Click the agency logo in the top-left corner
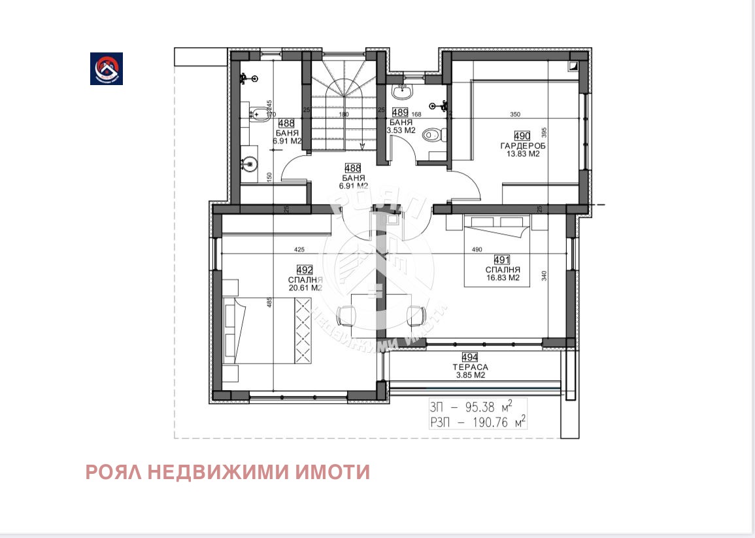point(107,69)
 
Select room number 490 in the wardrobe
point(530,135)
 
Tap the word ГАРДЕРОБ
point(523,145)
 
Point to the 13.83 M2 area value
point(523,154)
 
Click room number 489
point(400,112)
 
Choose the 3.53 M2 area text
point(401,130)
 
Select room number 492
point(305,270)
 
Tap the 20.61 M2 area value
point(305,287)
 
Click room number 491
point(502,259)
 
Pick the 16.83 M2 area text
point(502,278)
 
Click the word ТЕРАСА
point(469,367)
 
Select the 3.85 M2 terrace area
point(469,376)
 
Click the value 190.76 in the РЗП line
point(483,422)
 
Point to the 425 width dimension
point(299,249)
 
